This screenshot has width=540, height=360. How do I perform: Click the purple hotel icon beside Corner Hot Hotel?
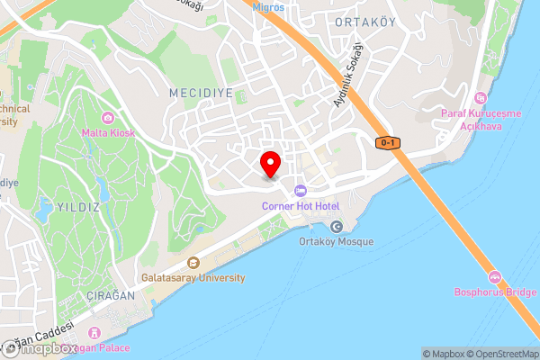(x=300, y=190)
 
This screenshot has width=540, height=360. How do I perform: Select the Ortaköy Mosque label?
(x=336, y=241)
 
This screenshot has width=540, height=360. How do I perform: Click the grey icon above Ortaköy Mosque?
(x=337, y=226)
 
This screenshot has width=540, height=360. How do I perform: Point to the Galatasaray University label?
(x=193, y=278)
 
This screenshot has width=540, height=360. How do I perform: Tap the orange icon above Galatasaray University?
(x=193, y=263)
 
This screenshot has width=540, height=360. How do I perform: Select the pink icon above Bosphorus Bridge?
(x=493, y=275)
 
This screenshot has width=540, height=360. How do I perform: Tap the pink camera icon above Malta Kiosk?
(x=108, y=118)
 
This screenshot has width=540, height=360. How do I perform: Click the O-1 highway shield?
(x=388, y=143)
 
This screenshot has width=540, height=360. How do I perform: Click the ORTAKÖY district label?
(x=364, y=21)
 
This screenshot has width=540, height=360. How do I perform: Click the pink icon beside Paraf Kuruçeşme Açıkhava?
(x=480, y=97)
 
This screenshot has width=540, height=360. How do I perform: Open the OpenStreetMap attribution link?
(x=501, y=354)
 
